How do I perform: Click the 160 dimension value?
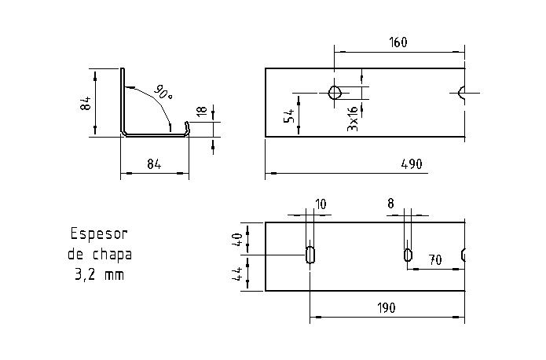398,42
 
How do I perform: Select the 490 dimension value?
411,164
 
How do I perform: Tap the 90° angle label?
163,92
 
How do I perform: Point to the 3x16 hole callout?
353,117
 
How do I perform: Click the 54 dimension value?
289,116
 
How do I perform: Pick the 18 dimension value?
202,112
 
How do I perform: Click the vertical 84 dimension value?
86,102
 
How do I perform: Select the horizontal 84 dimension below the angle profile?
154,164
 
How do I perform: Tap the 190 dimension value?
385,307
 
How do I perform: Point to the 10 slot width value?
321,204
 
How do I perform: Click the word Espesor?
99,233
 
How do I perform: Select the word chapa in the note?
112,255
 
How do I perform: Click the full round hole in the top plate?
335,94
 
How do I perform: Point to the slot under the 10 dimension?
310,255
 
